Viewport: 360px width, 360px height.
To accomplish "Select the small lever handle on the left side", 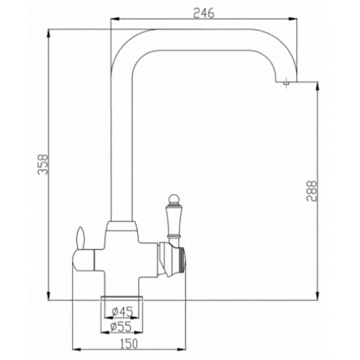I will click(80, 238).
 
